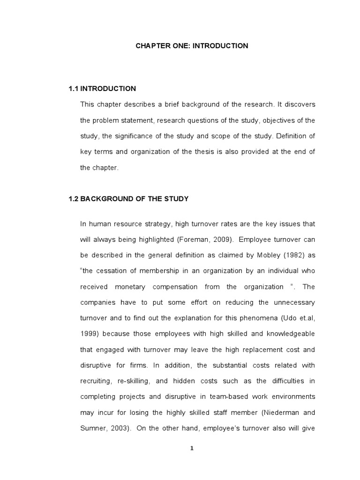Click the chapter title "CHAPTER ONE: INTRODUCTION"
point(192,46)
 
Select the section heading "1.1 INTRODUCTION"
point(102,89)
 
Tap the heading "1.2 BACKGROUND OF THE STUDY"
point(128,199)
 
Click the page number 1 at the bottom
point(192,448)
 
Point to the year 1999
point(89,333)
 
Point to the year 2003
point(123,428)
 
